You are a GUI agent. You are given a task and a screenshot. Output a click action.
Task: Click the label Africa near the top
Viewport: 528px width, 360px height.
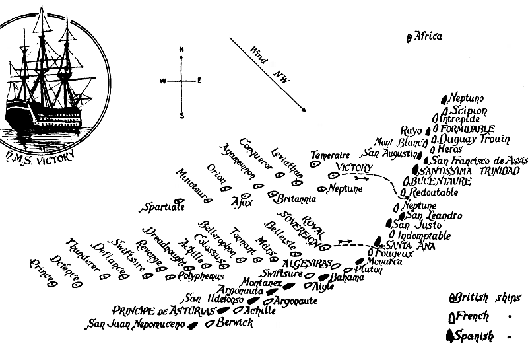(428, 36)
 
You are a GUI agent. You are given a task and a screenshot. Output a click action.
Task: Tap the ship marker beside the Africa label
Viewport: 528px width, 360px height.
(410, 38)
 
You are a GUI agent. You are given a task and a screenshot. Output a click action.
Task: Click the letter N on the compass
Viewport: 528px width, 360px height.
(181, 50)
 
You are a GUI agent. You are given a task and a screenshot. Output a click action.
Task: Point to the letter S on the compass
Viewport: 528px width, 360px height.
(182, 115)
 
